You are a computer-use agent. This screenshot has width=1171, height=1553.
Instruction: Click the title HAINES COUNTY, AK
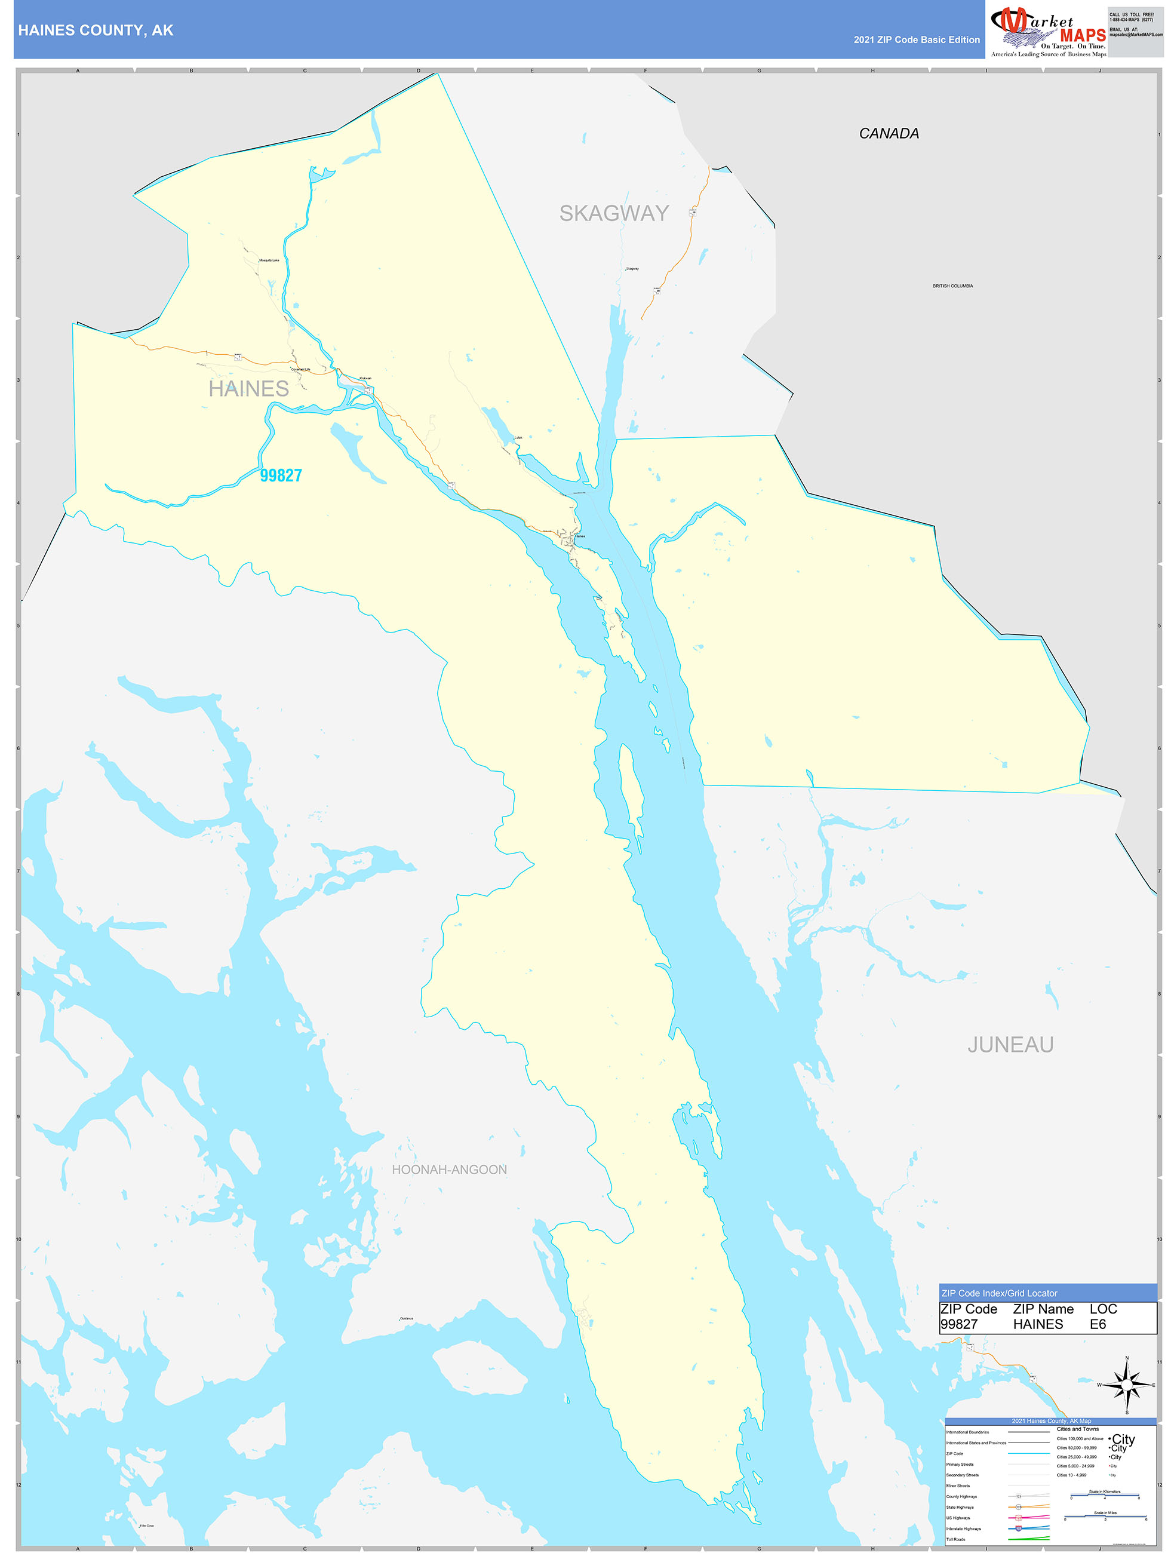[x=96, y=30]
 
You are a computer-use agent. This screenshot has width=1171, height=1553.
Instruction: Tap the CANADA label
[x=888, y=133]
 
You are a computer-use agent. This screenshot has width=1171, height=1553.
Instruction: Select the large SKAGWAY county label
[x=614, y=213]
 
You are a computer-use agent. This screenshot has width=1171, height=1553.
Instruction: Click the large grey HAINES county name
[x=248, y=388]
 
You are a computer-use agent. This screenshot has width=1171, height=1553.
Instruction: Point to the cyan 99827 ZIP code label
[x=281, y=475]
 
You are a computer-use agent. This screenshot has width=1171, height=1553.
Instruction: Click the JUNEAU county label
[x=1010, y=1045]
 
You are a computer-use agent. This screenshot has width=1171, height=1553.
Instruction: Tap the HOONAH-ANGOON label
[x=449, y=1170]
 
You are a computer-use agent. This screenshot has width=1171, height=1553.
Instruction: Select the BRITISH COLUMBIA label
[x=952, y=286]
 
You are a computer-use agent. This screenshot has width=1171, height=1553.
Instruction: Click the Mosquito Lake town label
[x=269, y=260]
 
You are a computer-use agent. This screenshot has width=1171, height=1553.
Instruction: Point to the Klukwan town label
[x=365, y=379]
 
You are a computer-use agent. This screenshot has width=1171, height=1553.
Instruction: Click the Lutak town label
[x=518, y=437]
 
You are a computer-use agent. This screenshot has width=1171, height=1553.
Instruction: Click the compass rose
[x=1127, y=1385]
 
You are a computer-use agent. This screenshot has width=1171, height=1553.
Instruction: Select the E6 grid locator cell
[x=1098, y=1324]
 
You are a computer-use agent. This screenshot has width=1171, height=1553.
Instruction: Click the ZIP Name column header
[x=1043, y=1309]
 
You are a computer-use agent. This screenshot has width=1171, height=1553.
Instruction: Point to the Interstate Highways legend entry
[x=964, y=1529]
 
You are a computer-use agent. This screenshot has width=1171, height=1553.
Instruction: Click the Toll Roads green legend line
[x=1028, y=1539]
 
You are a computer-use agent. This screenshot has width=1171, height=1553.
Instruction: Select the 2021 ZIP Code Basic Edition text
[x=916, y=40]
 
